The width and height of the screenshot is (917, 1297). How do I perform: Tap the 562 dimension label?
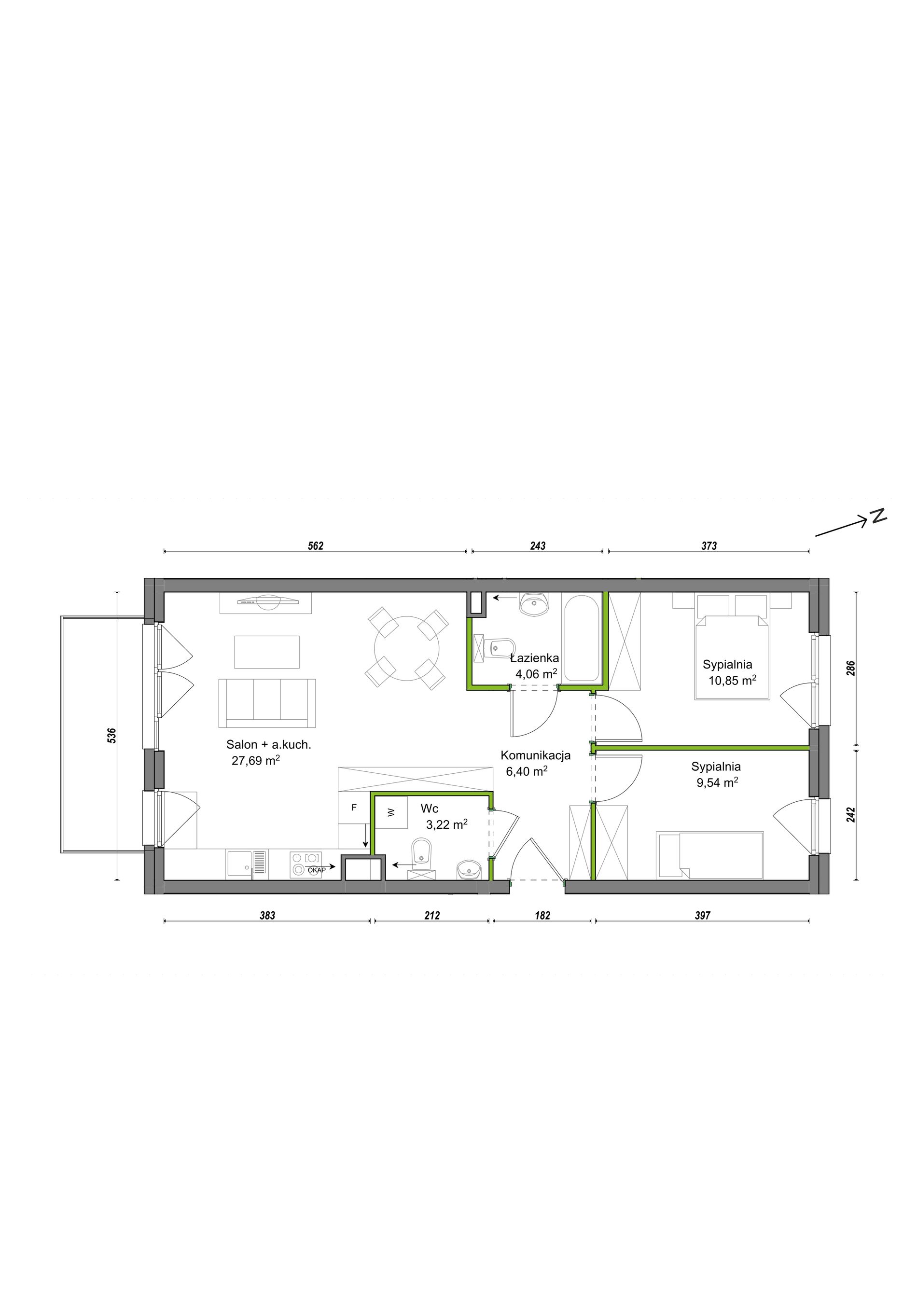316,546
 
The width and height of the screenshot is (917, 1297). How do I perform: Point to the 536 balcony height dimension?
112,735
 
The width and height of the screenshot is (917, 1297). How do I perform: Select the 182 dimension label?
542,915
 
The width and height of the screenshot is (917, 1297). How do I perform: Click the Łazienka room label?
534,657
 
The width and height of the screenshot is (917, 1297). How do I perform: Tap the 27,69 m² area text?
256,760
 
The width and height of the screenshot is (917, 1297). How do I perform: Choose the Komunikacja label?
535,755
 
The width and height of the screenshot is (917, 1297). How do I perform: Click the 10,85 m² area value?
732,680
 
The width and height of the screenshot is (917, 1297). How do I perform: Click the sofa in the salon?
267,703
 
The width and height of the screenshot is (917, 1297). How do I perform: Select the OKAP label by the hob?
316,870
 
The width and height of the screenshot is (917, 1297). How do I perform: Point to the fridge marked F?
354,808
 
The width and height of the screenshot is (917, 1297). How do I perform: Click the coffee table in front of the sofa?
267,652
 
